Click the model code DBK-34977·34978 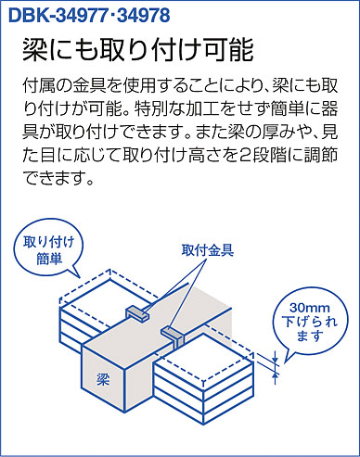click(x=89, y=15)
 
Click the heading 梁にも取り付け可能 click(x=138, y=50)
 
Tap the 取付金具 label click(x=208, y=250)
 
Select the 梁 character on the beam click(x=103, y=378)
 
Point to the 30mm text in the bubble click(x=310, y=308)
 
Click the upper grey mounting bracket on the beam click(x=136, y=313)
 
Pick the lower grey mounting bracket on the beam click(x=174, y=335)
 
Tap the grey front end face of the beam click(x=103, y=378)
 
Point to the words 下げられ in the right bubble click(x=310, y=322)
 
